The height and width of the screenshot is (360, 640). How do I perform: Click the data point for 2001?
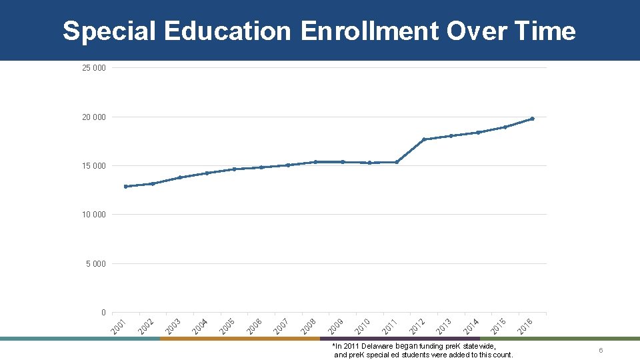(x=125, y=187)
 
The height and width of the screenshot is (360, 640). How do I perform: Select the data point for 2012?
(x=424, y=139)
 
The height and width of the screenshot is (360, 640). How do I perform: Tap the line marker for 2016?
(x=532, y=119)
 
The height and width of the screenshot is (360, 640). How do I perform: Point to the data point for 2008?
(x=315, y=162)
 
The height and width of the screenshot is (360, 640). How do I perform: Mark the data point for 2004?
(x=207, y=173)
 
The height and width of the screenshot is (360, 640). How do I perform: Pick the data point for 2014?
(x=478, y=133)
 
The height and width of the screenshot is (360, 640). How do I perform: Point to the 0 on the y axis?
(x=103, y=313)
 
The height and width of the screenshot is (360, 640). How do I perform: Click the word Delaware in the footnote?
(x=378, y=347)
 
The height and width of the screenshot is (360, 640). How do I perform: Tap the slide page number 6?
(x=601, y=351)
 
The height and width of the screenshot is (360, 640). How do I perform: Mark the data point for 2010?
(x=369, y=163)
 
